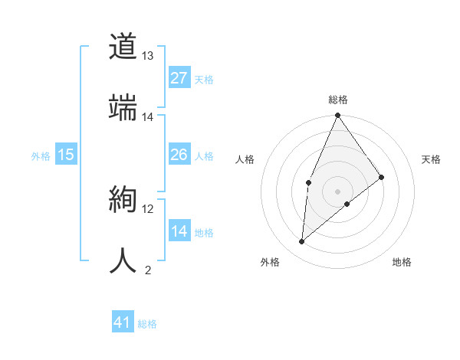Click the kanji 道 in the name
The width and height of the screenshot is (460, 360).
(x=123, y=47)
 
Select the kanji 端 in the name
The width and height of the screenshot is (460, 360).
(x=123, y=108)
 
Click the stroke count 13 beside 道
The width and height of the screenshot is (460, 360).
(x=148, y=56)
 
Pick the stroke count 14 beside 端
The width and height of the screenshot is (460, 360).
(x=148, y=117)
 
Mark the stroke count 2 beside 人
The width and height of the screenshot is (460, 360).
(x=148, y=270)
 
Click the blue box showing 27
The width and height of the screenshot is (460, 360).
(x=179, y=78)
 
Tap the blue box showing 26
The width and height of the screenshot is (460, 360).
(x=179, y=155)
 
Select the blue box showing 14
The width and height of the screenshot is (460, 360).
(x=179, y=231)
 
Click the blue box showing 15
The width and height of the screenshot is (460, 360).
(x=66, y=155)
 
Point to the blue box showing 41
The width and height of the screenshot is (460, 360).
(x=123, y=322)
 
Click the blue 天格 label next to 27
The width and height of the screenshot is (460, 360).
(x=204, y=79)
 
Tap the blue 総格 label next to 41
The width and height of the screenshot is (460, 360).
(x=147, y=324)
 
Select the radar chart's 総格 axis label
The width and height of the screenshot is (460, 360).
(x=338, y=100)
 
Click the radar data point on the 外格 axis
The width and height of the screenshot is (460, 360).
(x=302, y=242)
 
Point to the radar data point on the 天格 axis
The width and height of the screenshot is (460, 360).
(x=382, y=177)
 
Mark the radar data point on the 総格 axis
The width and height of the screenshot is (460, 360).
(x=338, y=116)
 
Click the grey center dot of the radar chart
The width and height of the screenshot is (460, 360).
(x=338, y=191)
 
